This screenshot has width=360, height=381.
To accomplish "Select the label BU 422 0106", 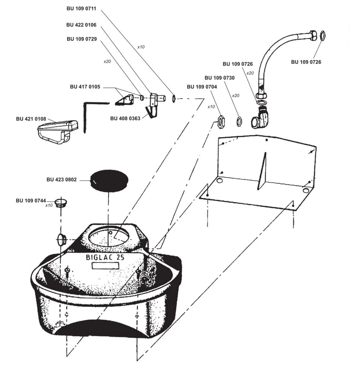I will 81,25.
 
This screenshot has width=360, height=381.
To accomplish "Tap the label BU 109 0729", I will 82,39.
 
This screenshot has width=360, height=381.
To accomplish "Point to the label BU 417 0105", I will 85,86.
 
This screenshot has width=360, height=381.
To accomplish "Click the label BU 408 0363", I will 125,118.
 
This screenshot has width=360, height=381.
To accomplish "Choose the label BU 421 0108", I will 31,119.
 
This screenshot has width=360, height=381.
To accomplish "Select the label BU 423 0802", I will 61,179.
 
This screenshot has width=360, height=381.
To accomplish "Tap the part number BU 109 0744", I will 31,200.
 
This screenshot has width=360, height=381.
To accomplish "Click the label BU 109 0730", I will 220,78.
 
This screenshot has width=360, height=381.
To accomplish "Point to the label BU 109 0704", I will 202,87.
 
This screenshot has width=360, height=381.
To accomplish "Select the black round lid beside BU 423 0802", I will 109,181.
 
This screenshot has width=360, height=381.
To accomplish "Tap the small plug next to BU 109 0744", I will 59,202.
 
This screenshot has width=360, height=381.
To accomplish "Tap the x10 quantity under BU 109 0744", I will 49,206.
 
